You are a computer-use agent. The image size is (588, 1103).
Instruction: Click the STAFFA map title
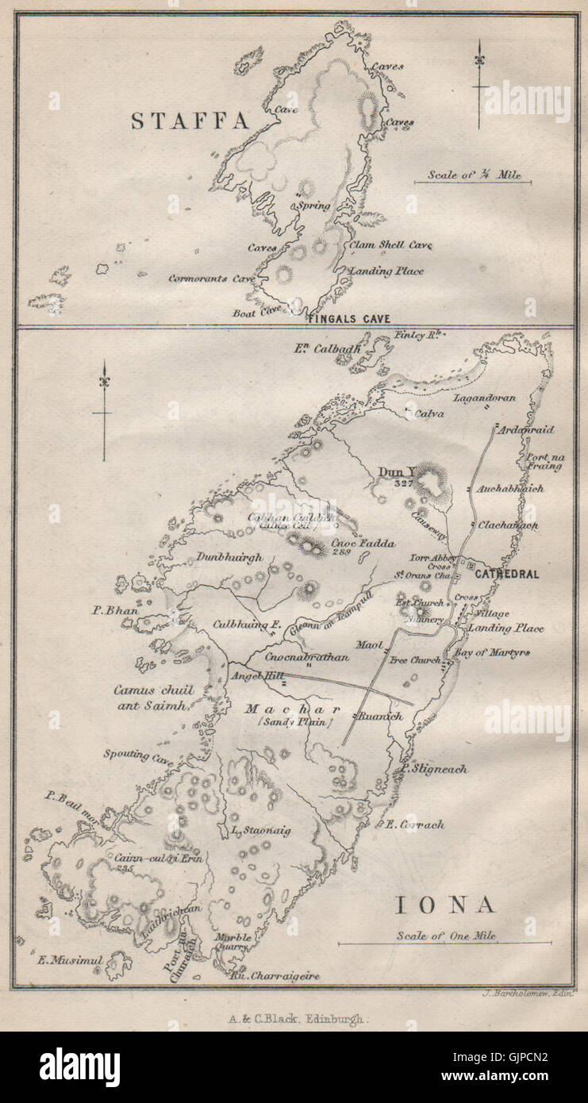click(190, 121)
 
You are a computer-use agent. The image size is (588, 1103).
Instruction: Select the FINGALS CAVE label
click(349, 319)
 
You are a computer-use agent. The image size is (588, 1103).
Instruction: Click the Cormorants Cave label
click(211, 279)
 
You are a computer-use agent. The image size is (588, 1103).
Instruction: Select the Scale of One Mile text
click(446, 936)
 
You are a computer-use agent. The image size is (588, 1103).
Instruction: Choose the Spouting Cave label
click(137, 755)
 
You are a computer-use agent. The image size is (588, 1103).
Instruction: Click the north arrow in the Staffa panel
click(479, 83)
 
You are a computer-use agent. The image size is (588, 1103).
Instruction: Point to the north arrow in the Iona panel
click(102, 409)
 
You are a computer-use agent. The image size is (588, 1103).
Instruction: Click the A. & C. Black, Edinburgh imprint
click(294, 1021)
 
